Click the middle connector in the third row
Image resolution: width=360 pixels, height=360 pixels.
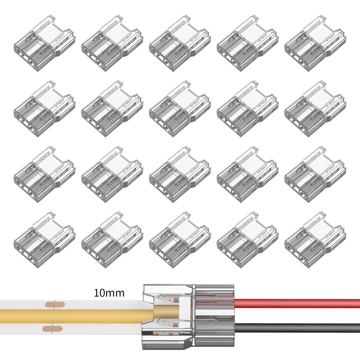point(180,174)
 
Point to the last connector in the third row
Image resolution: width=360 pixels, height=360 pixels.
point(315,174)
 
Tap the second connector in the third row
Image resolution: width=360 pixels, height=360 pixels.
point(112,174)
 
